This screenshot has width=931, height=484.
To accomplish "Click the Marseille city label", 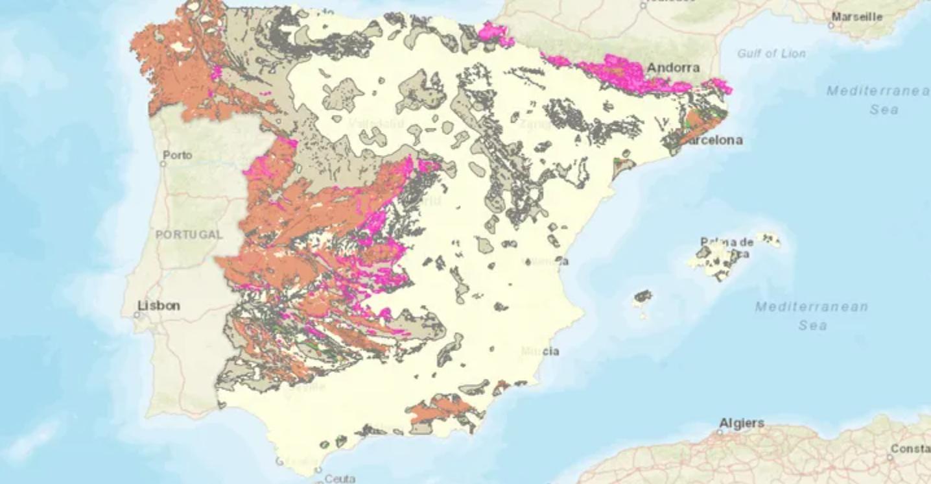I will tap(857, 17).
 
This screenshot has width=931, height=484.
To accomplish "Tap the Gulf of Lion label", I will tap(771, 54).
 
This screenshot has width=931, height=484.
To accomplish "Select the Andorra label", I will tap(674, 67).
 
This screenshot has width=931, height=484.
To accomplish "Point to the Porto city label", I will tap(178, 155).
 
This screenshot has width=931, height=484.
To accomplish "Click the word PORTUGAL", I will tap(189, 234).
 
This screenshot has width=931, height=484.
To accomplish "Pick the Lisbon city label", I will tap(159, 305).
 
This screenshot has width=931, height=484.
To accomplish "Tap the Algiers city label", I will tap(742, 423).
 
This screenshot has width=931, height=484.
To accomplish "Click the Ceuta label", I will tap(339, 479).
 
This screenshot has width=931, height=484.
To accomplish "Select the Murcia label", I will tap(541, 352).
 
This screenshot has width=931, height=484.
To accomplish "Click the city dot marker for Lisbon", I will tap(137, 315).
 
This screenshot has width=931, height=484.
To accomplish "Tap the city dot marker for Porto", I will tap(163, 163).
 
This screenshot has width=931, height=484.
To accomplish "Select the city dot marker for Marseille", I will tap(831, 26).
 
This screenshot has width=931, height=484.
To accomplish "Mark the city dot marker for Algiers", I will tap(722, 432).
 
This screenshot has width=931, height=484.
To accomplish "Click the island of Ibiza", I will tap(642, 296).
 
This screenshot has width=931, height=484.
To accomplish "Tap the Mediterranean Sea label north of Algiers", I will tap(811, 315).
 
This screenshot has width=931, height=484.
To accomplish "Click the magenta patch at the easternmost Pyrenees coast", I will tap(720, 86).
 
